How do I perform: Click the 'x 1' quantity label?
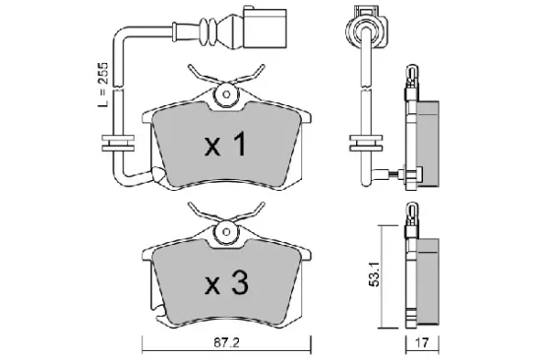(226, 148)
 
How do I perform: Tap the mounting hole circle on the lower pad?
(227, 236)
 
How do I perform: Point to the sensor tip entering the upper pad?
(397, 176)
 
